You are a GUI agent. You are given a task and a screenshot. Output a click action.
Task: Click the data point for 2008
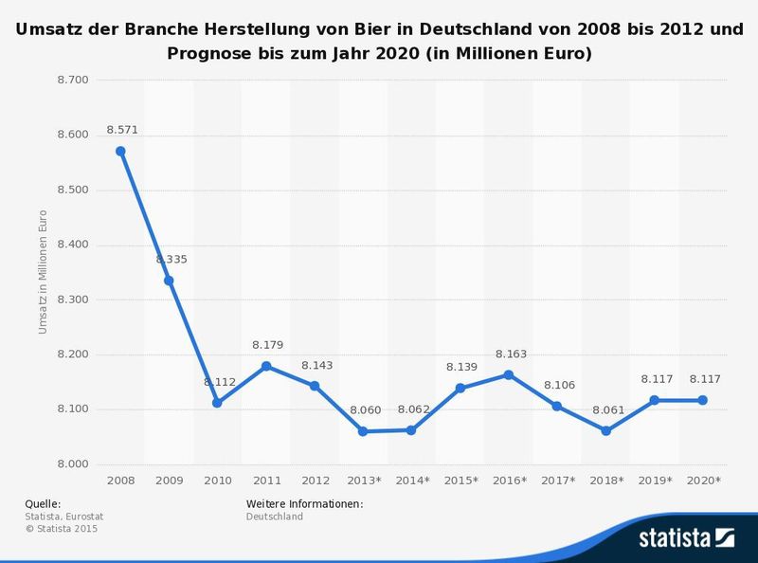120,151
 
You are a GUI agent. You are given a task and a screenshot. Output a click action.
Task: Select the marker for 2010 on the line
217,403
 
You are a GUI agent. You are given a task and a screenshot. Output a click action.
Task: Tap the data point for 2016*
509,374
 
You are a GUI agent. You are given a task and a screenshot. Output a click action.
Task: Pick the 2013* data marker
363,431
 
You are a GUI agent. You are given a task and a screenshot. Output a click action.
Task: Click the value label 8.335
171,259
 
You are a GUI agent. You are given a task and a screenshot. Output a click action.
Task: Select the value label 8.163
511,354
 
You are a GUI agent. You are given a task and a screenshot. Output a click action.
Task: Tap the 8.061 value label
606,410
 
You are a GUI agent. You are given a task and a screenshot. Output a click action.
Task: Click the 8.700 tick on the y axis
73,80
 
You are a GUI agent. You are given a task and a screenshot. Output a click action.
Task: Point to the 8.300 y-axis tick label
73,300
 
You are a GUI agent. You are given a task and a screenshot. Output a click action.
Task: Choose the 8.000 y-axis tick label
73,464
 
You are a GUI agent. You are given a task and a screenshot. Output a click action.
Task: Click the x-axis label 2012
315,481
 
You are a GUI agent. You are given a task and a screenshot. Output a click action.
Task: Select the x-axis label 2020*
704,481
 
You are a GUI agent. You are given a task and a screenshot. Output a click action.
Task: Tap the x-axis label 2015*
460,481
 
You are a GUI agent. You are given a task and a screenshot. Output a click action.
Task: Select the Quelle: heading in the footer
43,503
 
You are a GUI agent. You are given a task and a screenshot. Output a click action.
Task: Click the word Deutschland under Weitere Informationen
275,517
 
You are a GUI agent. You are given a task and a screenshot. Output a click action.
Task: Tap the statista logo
686,539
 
